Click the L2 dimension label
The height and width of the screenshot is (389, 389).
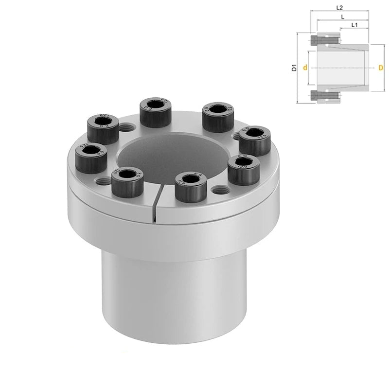point(340,8)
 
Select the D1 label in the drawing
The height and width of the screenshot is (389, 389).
point(294,68)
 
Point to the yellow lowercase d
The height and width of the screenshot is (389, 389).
point(304,68)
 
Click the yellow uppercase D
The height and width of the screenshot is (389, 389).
point(381,68)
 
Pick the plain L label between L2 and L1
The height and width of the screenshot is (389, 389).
point(344,16)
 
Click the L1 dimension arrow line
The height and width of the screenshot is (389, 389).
point(354,29)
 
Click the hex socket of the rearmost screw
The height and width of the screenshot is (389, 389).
point(154,105)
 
